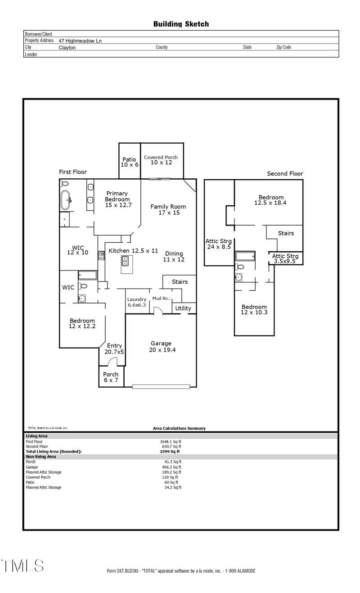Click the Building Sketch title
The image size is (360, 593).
(x=181, y=24)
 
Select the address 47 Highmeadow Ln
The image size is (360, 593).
(x=80, y=41)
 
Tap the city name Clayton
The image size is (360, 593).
(x=67, y=47)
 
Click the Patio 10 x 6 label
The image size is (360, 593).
(x=129, y=162)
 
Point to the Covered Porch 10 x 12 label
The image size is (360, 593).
(x=161, y=160)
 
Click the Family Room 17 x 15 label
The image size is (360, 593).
(x=168, y=209)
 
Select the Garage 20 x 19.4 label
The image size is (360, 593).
(x=161, y=346)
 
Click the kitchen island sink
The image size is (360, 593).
(x=126, y=261)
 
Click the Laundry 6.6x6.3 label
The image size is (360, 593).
(x=137, y=302)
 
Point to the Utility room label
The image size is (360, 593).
(x=183, y=308)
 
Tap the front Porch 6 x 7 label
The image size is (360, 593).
(x=111, y=377)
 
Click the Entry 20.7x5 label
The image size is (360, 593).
(x=114, y=349)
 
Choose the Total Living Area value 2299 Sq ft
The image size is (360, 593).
(x=170, y=451)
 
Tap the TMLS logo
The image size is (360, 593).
(x=22, y=566)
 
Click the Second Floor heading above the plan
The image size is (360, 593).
(x=285, y=173)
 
